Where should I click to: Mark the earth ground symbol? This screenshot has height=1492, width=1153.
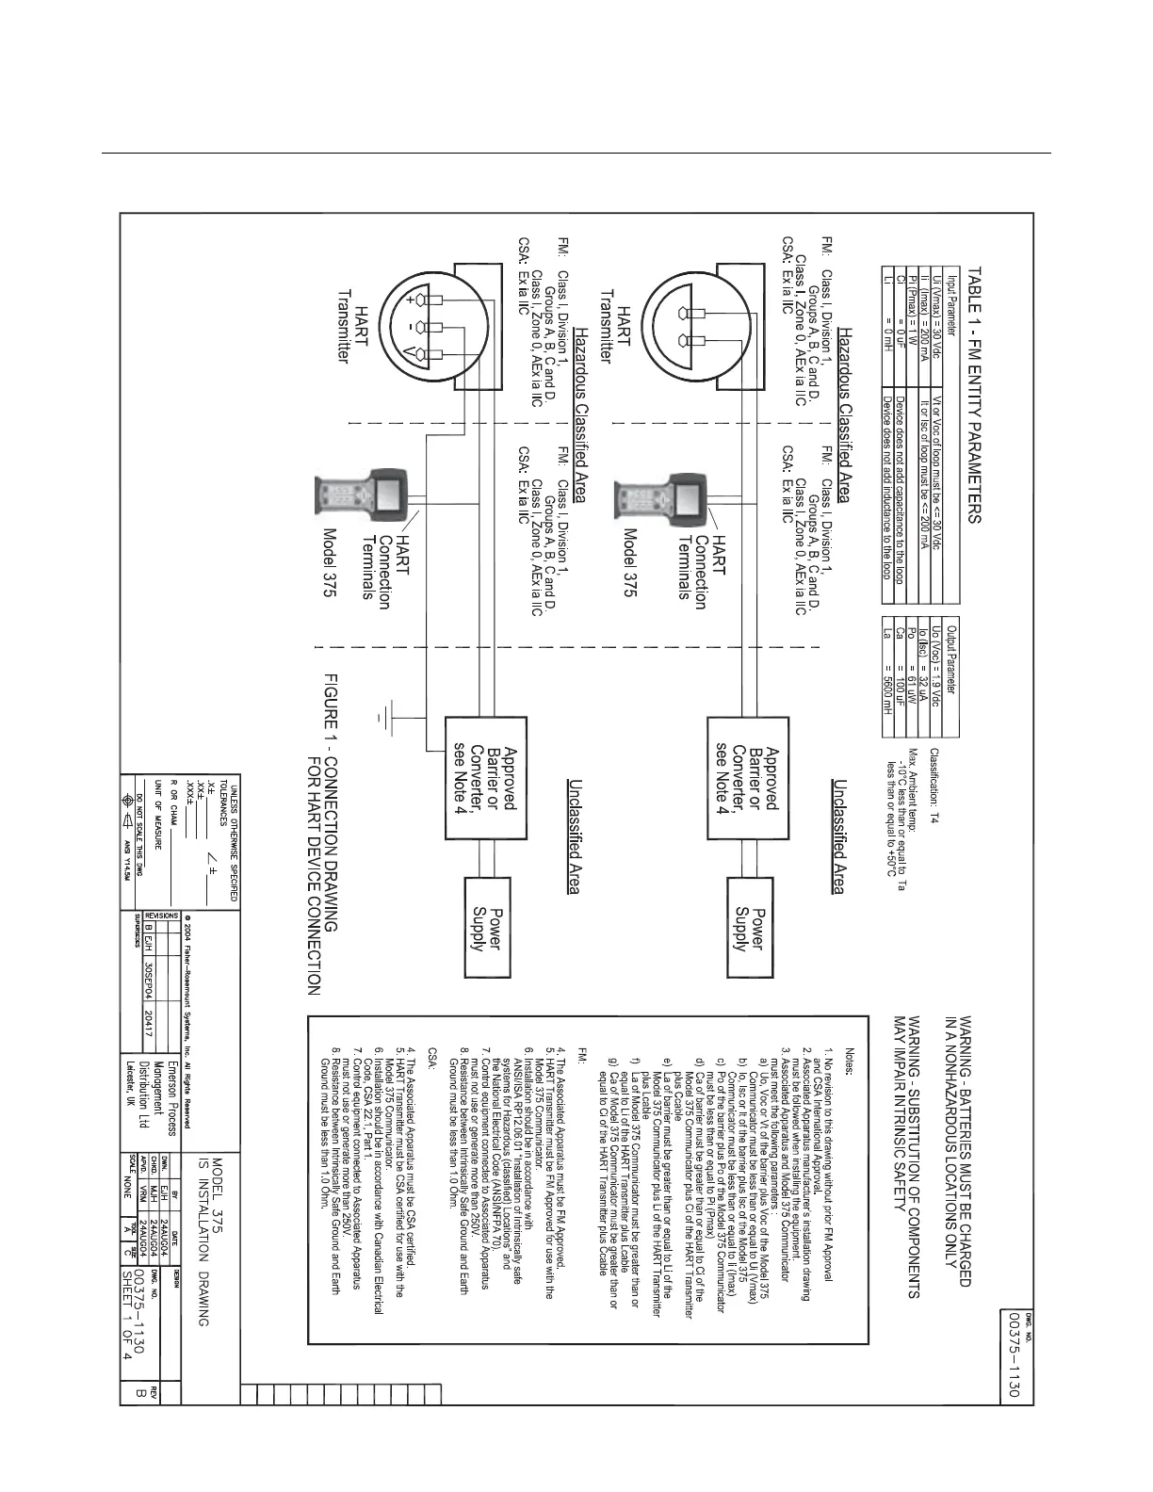(381, 718)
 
